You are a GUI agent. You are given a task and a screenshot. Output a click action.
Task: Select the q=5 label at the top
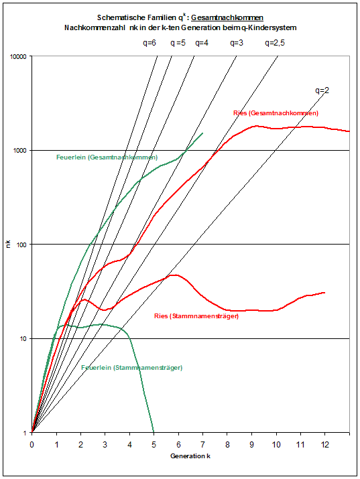click(178, 42)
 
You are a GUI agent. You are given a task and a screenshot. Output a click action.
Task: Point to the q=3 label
click(237, 42)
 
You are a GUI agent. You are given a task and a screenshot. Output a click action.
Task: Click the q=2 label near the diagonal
click(323, 90)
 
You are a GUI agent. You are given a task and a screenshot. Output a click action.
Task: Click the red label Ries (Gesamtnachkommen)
click(276, 113)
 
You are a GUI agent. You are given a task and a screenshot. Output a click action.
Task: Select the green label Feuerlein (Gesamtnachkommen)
click(107, 157)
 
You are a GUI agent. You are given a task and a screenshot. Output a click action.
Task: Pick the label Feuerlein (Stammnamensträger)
click(131, 368)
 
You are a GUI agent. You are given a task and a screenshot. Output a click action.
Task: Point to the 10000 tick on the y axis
click(17, 56)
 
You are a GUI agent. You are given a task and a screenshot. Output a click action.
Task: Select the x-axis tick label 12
click(324, 443)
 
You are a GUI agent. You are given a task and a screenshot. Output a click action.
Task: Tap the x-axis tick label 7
click(202, 443)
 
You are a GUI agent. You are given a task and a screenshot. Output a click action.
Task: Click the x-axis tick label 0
click(32, 443)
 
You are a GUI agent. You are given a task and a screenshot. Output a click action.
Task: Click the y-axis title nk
click(9, 245)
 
